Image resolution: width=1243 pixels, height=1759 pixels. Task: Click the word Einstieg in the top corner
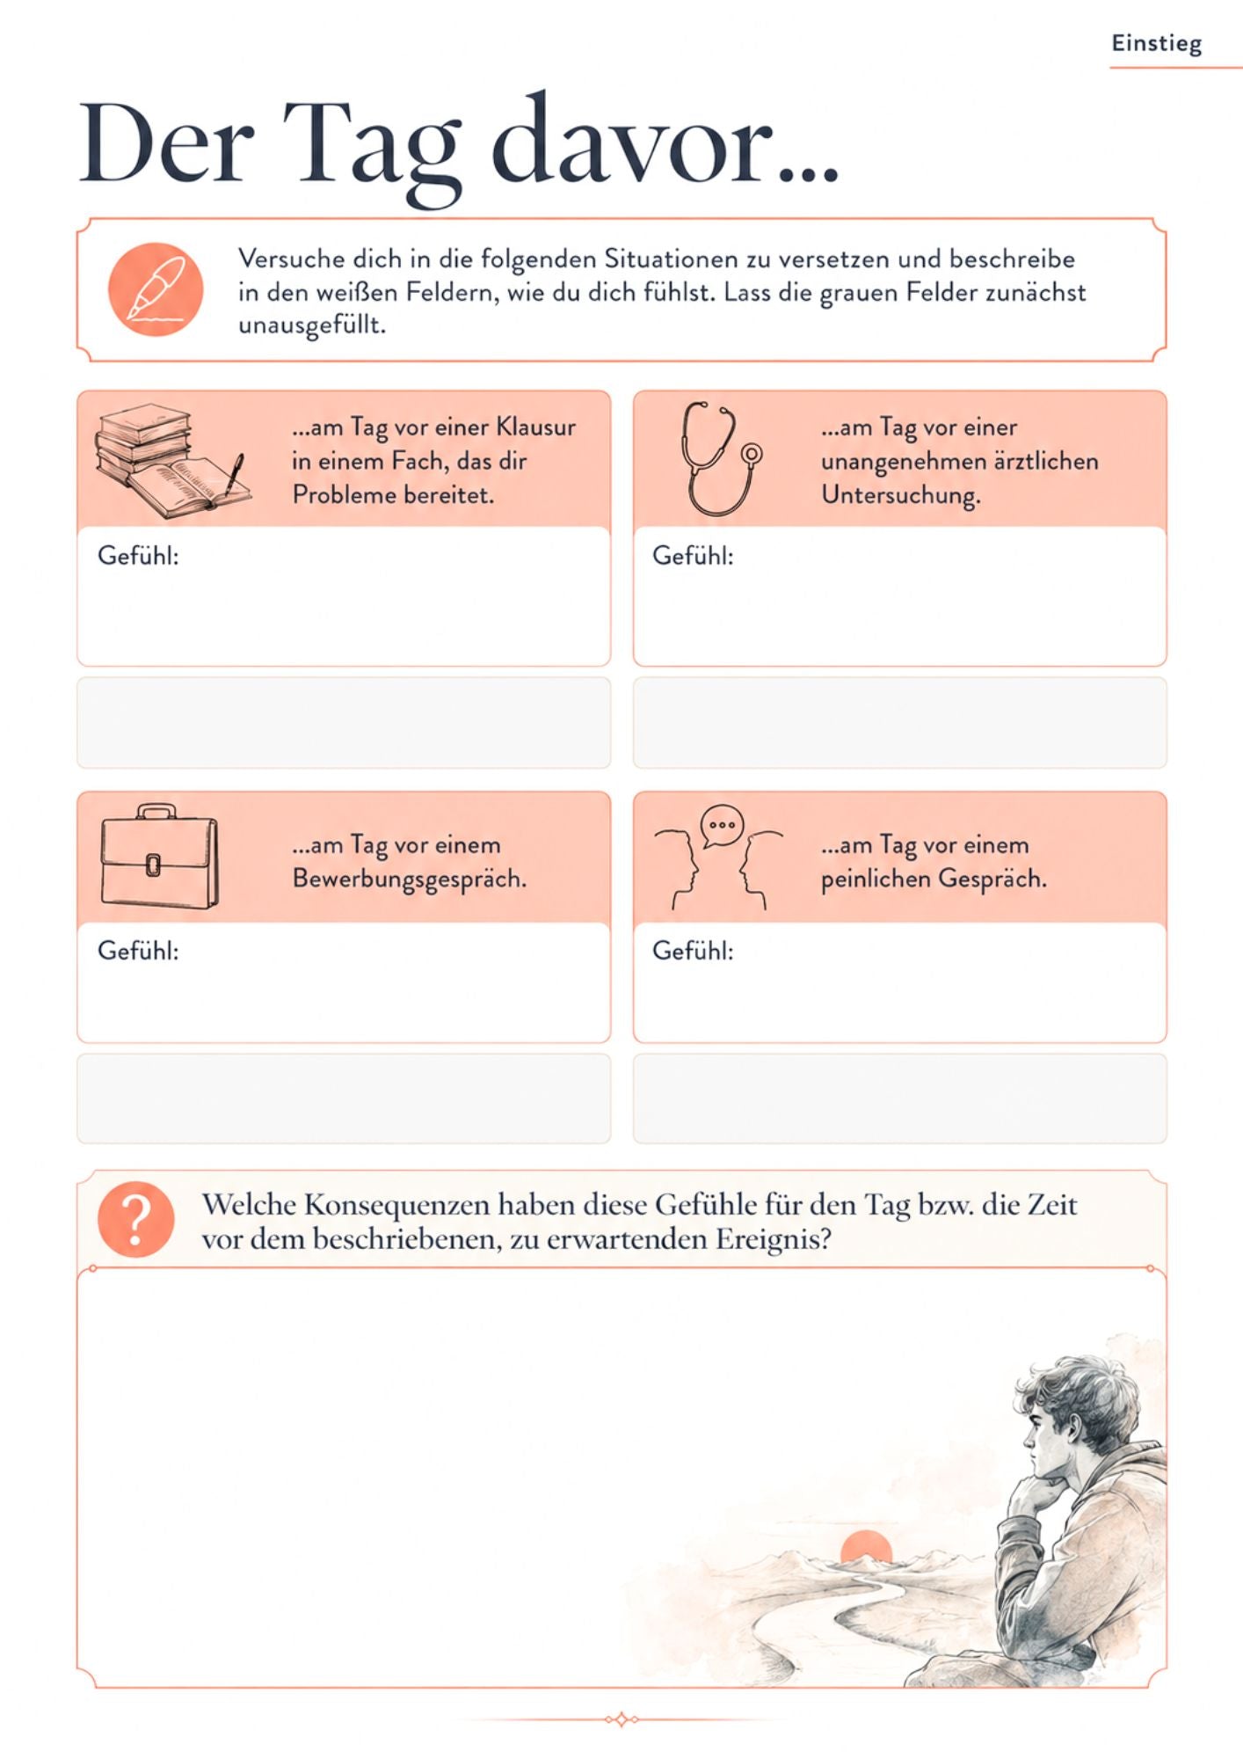(x=1156, y=44)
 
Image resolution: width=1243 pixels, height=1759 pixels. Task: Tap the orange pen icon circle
(x=156, y=289)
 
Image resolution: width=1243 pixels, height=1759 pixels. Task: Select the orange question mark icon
(x=136, y=1219)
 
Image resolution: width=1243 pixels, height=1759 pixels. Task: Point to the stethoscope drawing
(x=720, y=458)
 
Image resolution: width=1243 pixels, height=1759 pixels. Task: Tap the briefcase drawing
(x=158, y=856)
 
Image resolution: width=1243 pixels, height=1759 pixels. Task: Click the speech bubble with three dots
(x=722, y=827)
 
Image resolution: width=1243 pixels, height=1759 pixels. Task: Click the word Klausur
(x=535, y=427)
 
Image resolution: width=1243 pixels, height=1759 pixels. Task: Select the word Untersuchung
(x=901, y=496)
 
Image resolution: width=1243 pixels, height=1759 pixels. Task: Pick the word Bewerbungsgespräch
(x=410, y=879)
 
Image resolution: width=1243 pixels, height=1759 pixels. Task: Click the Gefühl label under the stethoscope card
(x=693, y=556)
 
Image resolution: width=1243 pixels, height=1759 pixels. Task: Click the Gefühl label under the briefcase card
(x=138, y=951)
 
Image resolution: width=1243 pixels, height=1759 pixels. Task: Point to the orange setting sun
(x=866, y=1546)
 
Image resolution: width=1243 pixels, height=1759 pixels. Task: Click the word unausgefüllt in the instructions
(x=312, y=325)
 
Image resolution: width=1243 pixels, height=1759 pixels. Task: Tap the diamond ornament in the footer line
(x=621, y=1719)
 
